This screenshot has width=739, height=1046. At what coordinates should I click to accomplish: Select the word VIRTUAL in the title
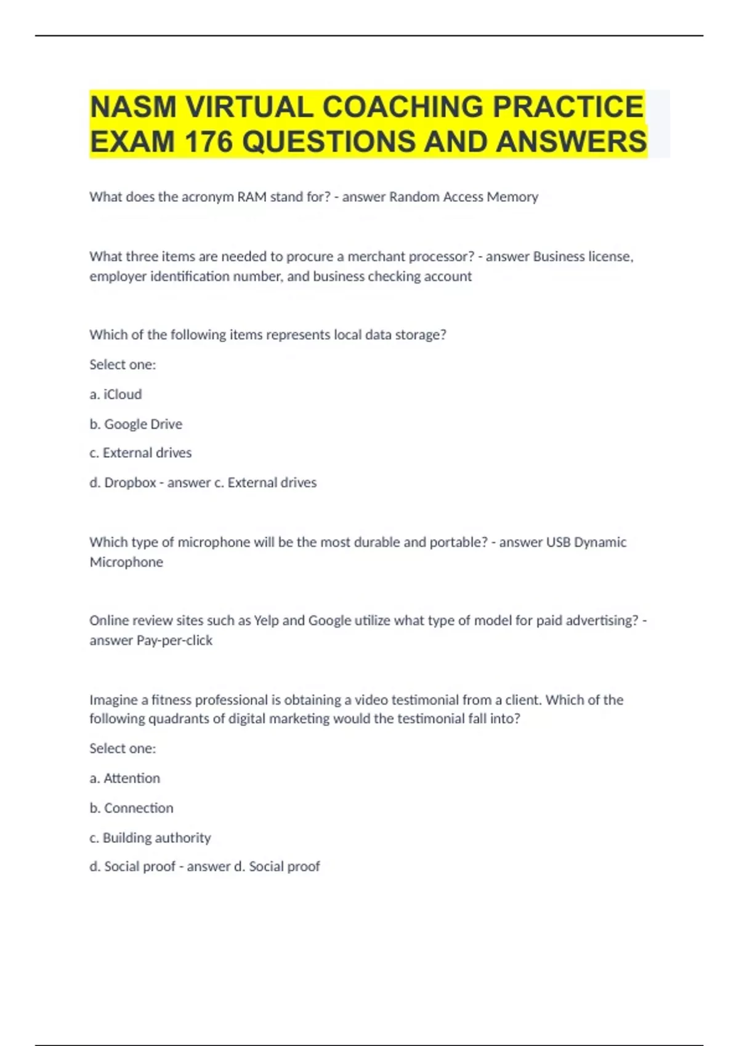[249, 107]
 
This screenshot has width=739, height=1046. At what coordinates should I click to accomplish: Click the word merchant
[376, 257]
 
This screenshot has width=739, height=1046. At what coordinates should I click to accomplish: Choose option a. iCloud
[116, 394]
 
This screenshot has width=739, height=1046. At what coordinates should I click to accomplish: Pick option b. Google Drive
[135, 424]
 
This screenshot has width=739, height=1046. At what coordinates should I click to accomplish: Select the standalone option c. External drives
[140, 453]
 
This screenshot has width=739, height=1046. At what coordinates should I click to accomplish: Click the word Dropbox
[130, 483]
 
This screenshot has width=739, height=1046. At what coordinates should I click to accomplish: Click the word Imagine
[114, 700]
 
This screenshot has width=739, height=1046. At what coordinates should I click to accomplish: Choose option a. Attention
[124, 778]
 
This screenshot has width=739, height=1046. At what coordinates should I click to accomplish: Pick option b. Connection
[131, 808]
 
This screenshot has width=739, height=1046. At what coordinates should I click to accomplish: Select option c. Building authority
[150, 837]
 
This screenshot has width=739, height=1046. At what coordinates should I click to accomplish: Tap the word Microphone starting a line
[126, 562]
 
